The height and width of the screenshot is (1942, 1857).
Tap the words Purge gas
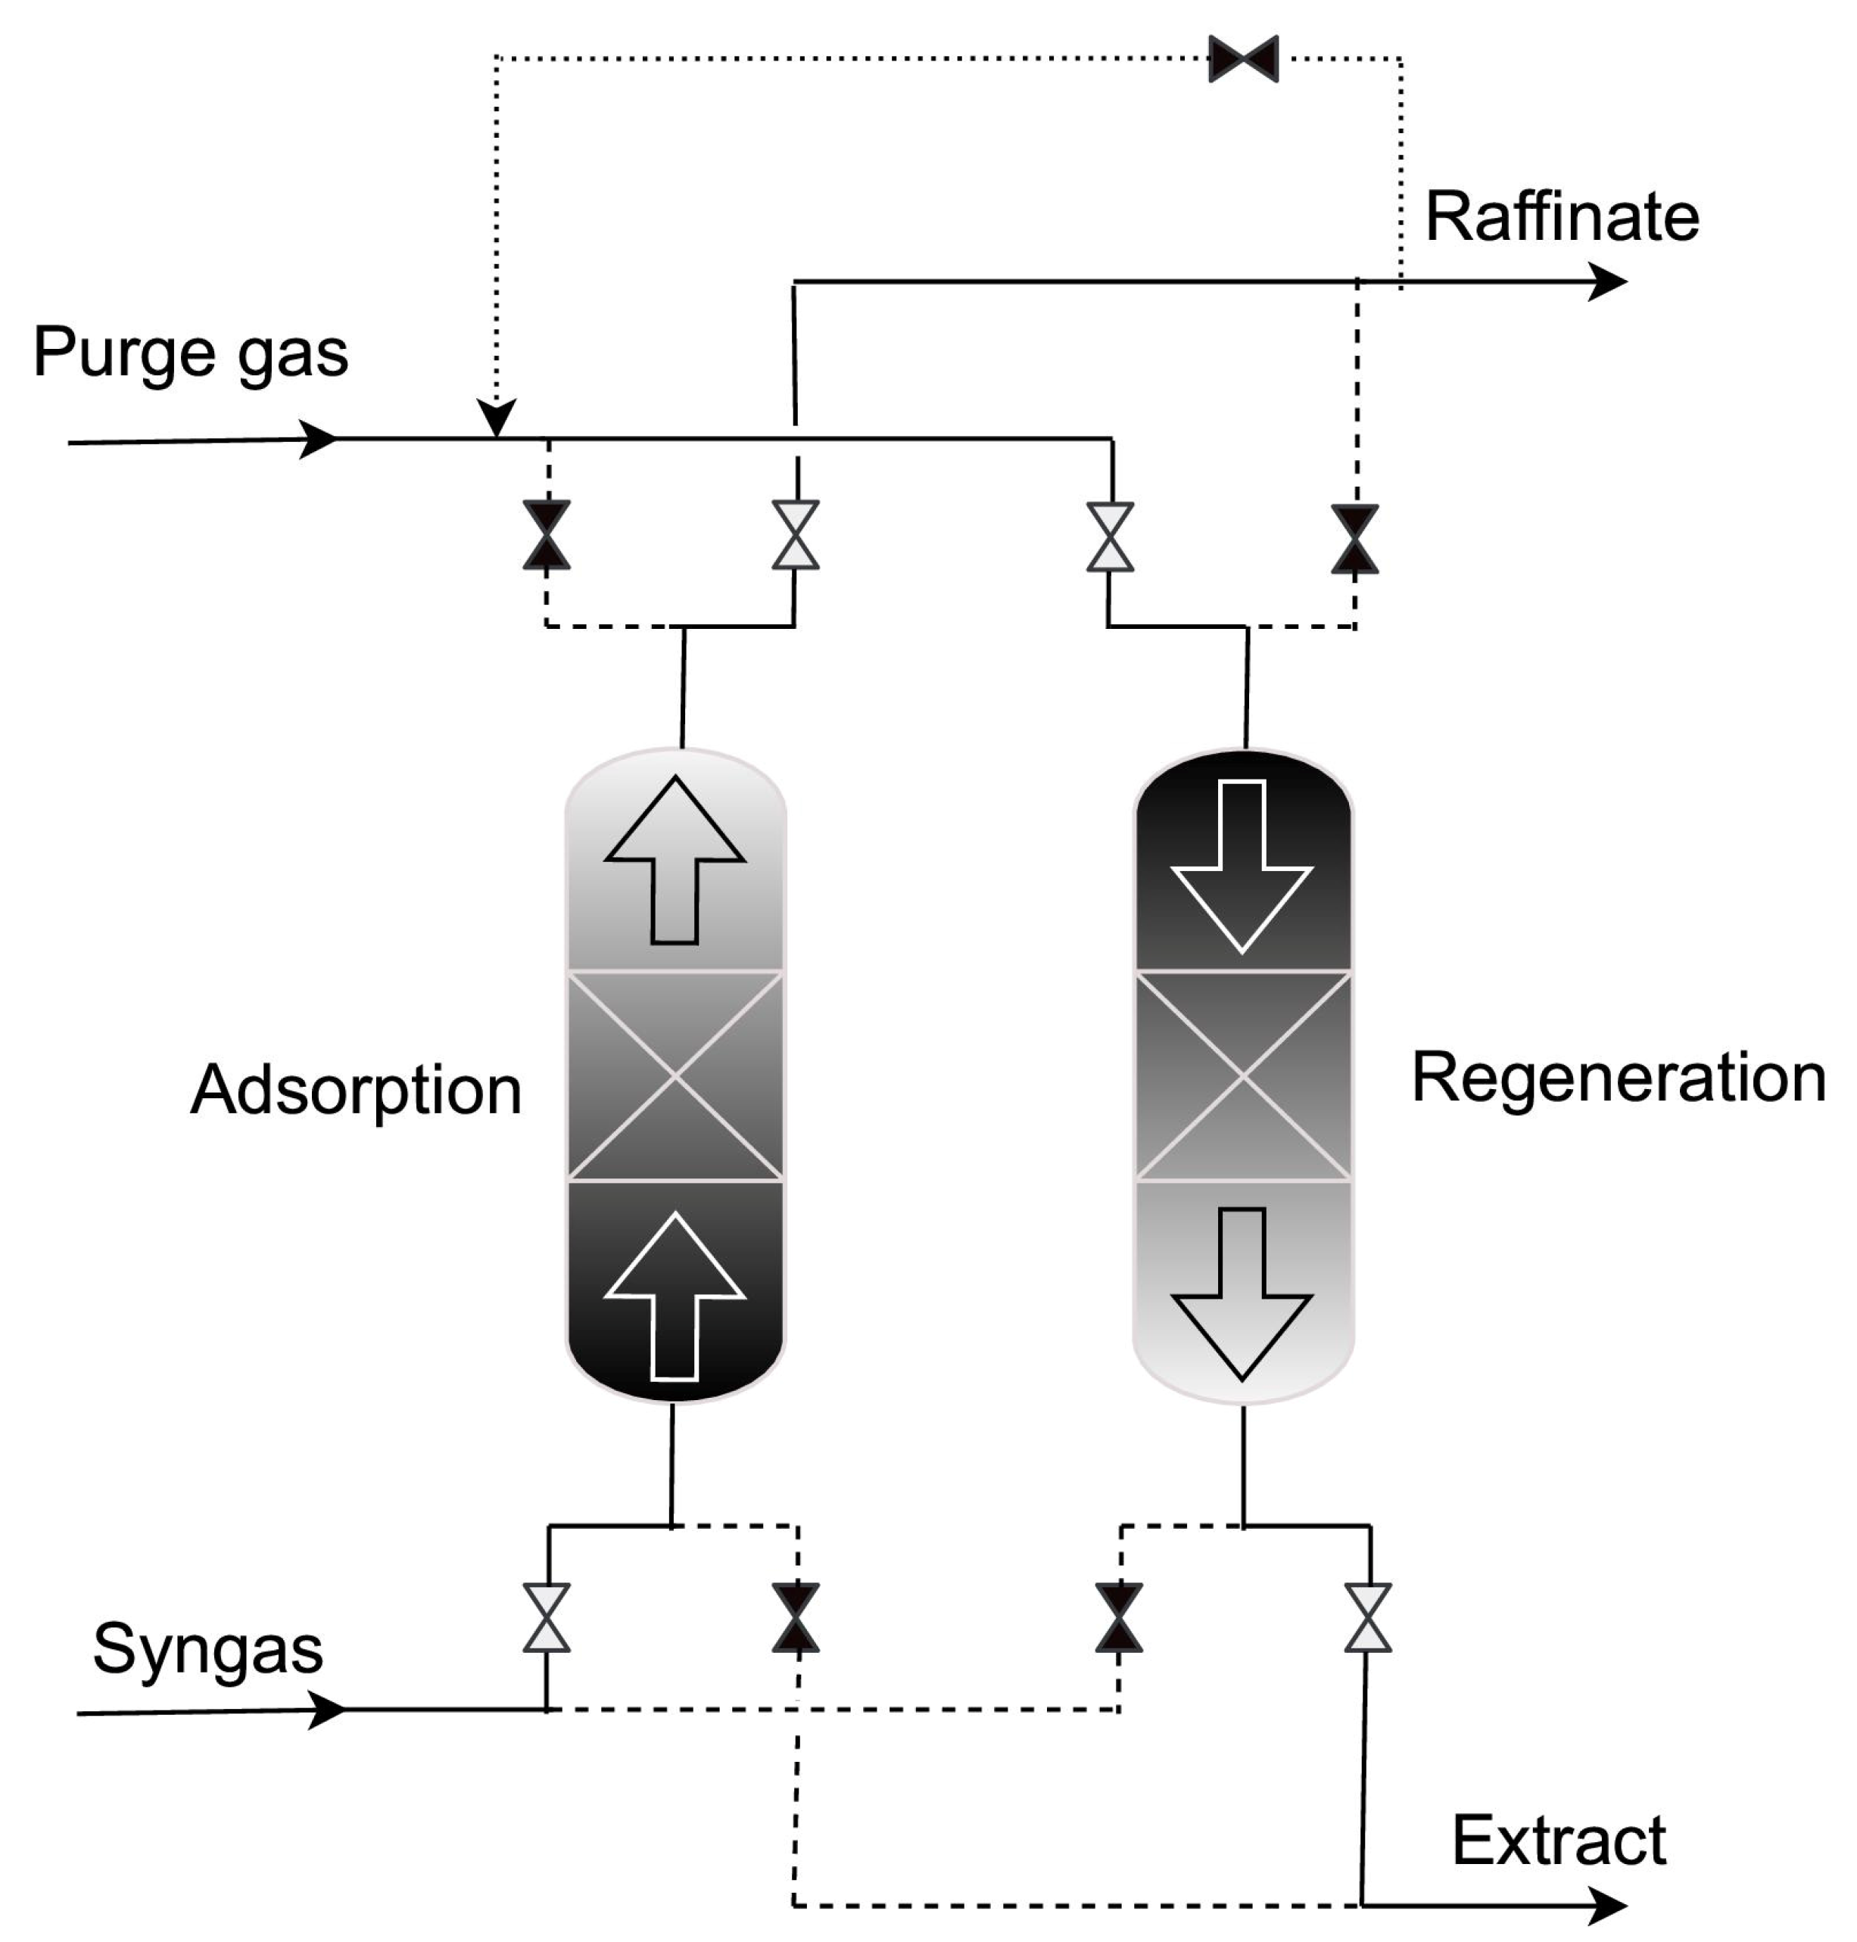coord(190,353)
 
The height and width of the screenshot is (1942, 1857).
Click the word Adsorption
coord(357,1091)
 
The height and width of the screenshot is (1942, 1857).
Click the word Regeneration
coord(1618,1078)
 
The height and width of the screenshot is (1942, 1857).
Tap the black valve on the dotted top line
coord(1243,58)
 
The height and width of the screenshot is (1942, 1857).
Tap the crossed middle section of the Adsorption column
coord(675,1076)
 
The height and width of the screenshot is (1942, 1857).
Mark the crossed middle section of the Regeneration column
coord(1242,1076)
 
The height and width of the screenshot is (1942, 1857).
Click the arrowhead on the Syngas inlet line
coord(326,1710)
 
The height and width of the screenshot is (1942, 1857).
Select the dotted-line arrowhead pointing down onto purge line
coord(497,418)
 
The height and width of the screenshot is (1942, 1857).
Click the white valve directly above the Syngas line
coord(547,1617)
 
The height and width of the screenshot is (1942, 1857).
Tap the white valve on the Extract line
coord(1368,1617)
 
